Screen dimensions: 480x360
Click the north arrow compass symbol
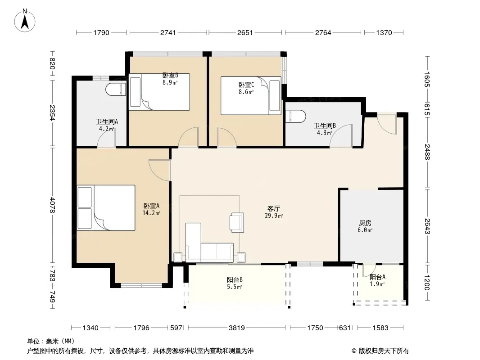coord(25,21)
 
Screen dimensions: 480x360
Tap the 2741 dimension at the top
coord(168,32)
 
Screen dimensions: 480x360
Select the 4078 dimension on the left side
coord(52,205)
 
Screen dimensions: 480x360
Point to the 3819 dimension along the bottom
coord(237,328)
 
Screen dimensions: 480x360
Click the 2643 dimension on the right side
coord(427,226)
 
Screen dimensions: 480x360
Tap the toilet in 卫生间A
coord(116,89)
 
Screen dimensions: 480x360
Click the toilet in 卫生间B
coord(295,116)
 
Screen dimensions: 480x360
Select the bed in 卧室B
coord(159,92)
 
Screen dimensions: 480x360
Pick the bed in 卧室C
coord(251,96)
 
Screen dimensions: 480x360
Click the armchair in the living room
coord(237,222)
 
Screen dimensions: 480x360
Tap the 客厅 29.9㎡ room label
coord(274,212)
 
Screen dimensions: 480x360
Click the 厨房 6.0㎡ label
coord(365,226)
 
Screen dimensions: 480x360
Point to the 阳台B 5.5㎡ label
coord(235,283)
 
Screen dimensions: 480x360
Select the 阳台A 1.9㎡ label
coord(377,280)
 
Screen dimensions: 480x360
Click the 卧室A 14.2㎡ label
coord(151,209)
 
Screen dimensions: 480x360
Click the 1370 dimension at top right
coord(384,32)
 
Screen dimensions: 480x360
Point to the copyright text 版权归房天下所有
coord(384,351)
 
